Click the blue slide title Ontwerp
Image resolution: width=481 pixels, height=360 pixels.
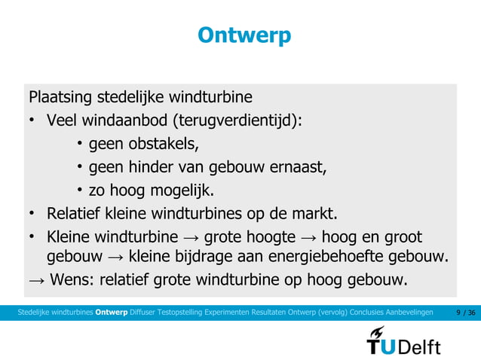coord(244,35)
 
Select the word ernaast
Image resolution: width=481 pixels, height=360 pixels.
coord(300,166)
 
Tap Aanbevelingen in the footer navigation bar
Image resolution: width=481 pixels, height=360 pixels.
coord(412,312)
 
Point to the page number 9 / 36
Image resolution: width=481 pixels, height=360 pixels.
coord(467,312)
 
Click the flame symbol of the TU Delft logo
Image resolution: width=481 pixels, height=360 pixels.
coord(377,333)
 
